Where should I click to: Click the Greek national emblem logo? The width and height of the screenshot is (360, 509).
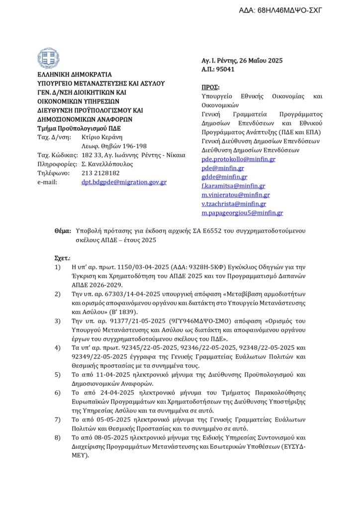(x=48, y=58)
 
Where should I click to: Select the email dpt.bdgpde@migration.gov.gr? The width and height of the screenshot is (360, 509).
(x=124, y=182)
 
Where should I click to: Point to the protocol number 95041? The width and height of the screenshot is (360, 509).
(x=226, y=70)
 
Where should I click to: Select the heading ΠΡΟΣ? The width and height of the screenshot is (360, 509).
(x=210, y=86)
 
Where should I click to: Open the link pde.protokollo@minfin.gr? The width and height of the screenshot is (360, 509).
(x=238, y=159)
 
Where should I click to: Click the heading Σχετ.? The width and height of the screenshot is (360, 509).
(x=62, y=258)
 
